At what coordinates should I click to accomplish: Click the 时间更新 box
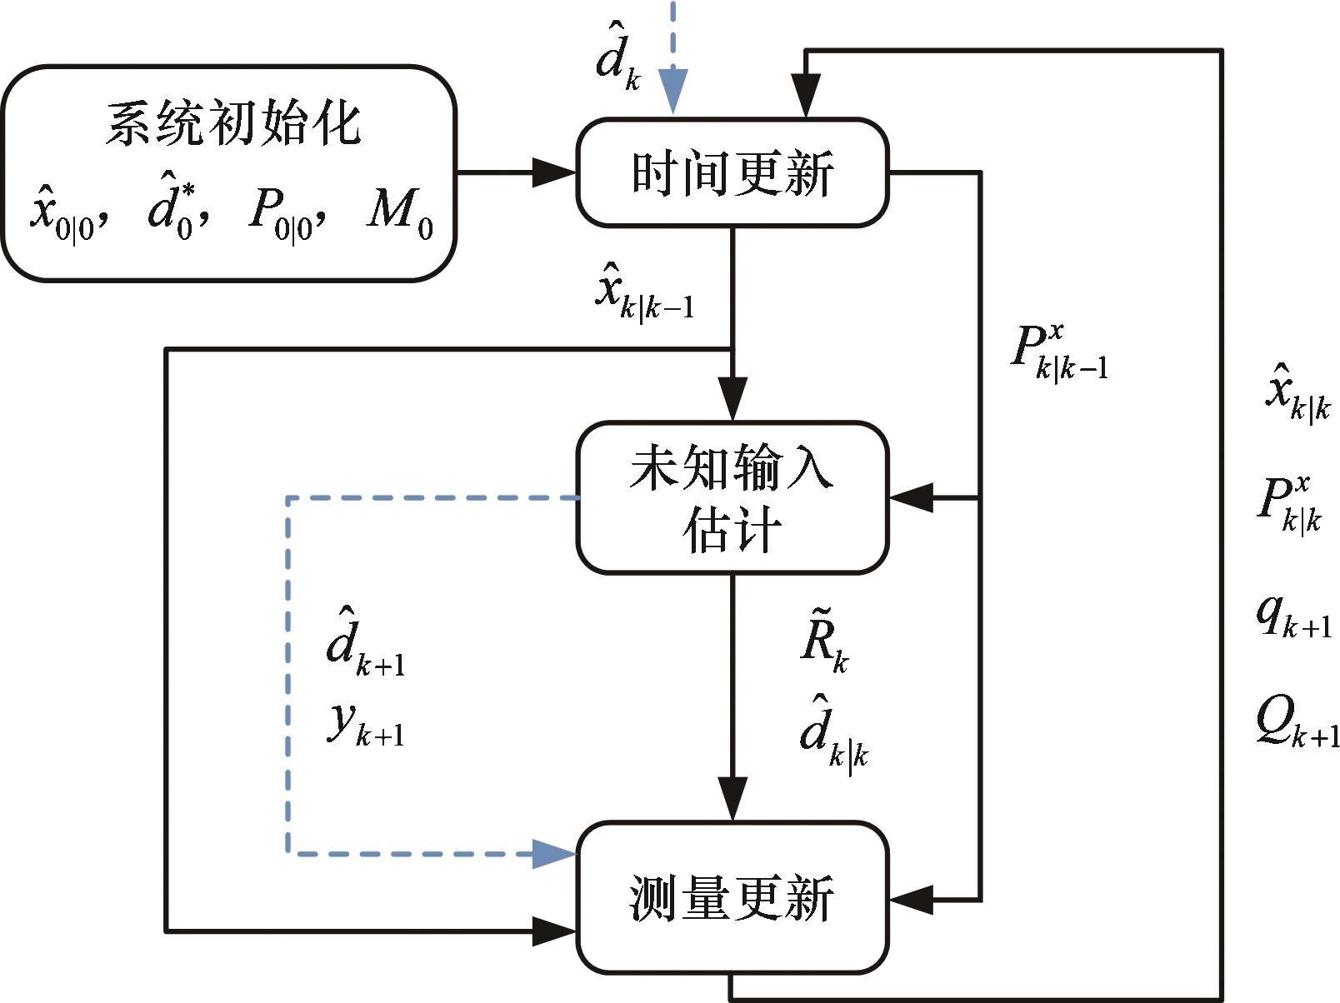coord(732,173)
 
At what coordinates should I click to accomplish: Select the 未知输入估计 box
coord(732,497)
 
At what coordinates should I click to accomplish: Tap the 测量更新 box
coord(732,898)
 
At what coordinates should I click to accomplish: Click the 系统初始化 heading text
coord(232,125)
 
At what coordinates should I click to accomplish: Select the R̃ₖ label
coord(824,645)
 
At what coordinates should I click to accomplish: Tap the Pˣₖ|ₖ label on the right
coord(1289,504)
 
